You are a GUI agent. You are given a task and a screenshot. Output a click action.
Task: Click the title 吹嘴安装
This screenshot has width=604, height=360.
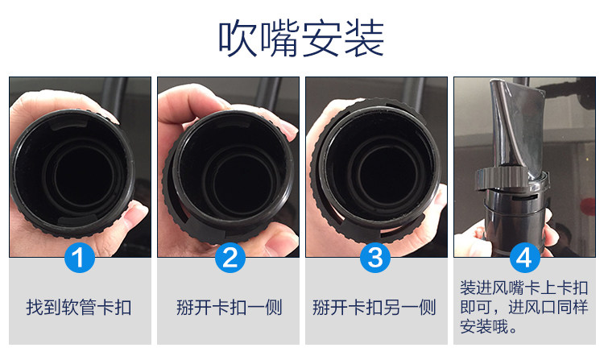click(301, 39)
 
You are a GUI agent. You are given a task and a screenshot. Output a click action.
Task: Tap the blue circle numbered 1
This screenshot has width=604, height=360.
click(80, 258)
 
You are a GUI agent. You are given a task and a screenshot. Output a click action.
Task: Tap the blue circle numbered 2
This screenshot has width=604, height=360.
click(230, 258)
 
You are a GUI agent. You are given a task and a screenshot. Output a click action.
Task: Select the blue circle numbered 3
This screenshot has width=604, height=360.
click(375, 258)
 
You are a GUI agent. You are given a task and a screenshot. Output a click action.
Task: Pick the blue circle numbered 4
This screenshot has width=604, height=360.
click(524, 258)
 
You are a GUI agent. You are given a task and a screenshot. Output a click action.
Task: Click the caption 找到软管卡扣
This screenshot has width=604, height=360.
click(80, 308)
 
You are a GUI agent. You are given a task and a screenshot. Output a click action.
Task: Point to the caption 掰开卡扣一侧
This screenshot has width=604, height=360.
click(230, 308)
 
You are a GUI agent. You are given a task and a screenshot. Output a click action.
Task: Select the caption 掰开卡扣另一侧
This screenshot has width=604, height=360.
click(374, 308)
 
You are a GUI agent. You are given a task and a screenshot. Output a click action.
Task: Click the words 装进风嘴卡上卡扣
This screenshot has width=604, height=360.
click(524, 288)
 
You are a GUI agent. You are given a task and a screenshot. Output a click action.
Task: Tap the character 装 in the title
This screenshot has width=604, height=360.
click(364, 39)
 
